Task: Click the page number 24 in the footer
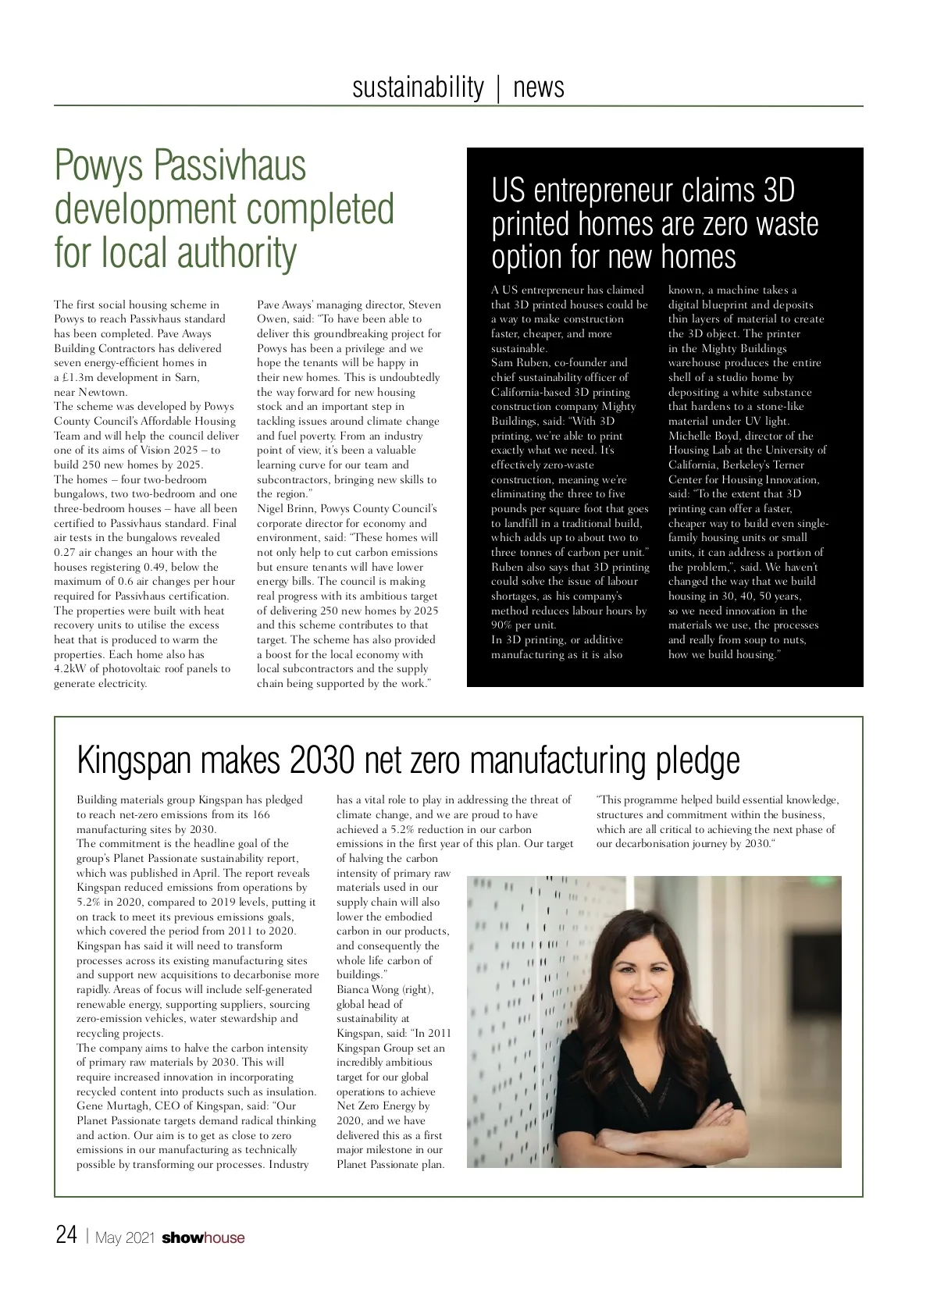(x=66, y=1236)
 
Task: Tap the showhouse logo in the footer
(x=203, y=1237)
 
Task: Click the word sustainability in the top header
(x=418, y=87)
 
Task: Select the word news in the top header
(x=539, y=87)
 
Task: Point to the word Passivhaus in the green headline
(x=230, y=166)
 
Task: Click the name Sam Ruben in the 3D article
(x=519, y=363)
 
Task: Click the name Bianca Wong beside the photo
(x=368, y=989)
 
